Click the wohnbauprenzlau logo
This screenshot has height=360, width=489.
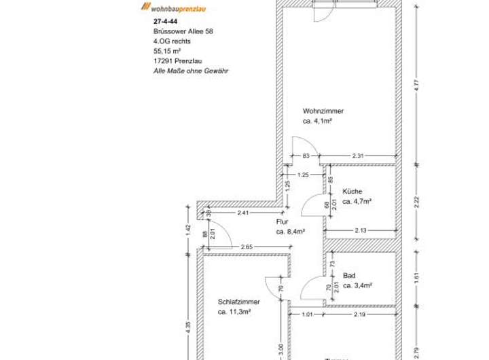coord(174,7)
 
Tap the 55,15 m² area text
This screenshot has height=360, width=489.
coord(167,50)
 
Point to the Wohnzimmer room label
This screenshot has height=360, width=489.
coord(323,111)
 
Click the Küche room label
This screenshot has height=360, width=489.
coord(352,192)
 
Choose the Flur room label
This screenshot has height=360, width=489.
coord(283,221)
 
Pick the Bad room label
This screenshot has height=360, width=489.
coord(349,275)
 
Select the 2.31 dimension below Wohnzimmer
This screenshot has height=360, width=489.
coord(358,157)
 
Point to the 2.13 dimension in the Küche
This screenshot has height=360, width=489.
coord(361,231)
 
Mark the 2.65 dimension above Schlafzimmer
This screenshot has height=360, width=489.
coord(247,247)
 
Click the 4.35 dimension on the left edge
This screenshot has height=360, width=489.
coord(189,326)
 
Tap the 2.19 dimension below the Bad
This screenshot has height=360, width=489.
coord(360,314)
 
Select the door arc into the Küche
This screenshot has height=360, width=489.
coord(312,204)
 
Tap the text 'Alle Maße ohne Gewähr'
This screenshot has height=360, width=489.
coord(186,69)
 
